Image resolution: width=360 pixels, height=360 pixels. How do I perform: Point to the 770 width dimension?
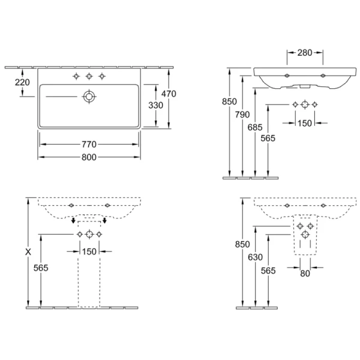(89, 144)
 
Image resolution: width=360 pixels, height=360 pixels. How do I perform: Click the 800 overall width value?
(89, 157)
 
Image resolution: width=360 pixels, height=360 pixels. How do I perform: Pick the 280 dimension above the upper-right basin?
(305, 53)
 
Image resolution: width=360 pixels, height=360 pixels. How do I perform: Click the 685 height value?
(256, 127)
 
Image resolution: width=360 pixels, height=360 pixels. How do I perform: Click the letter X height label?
(28, 253)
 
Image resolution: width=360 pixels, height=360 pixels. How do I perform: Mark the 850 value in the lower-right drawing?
(242, 244)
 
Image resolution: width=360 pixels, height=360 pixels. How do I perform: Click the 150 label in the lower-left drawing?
(89, 251)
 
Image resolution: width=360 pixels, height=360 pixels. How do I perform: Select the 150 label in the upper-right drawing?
(305, 122)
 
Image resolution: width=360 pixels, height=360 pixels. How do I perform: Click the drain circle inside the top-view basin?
(89, 96)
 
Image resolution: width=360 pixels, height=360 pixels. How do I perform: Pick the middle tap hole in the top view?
(89, 76)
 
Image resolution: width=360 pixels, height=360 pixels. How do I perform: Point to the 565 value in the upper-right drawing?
(268, 137)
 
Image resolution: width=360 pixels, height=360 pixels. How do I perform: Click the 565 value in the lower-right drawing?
(268, 271)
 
